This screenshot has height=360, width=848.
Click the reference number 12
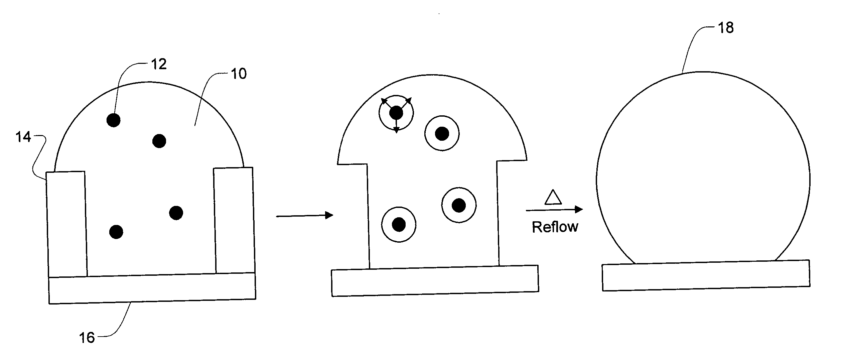pos(159,64)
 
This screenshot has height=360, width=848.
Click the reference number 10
pos(239,74)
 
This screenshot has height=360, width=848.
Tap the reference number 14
pos(23,137)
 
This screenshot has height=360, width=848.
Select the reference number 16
pos(87,338)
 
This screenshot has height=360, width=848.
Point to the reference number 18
pos(726,28)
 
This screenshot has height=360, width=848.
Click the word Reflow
pos(555,227)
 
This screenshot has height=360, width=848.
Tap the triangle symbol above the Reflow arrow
pos(553,198)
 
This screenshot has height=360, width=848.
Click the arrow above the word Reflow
pos(554,210)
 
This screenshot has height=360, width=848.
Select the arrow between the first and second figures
pos(304,216)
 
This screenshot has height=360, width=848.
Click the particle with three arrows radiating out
pos(396,113)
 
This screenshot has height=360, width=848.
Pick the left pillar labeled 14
pos(66,224)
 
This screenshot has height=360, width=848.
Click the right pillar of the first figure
pos(234,221)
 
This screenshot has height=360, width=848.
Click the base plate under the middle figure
pos(435,281)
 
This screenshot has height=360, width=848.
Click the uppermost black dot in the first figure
pos(114,120)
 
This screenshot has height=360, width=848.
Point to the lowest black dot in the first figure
pos(116,232)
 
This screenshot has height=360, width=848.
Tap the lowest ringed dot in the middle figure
pos(399,225)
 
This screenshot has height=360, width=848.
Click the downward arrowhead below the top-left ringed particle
pos(396,130)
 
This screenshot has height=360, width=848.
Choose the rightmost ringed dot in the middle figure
pos(459,205)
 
